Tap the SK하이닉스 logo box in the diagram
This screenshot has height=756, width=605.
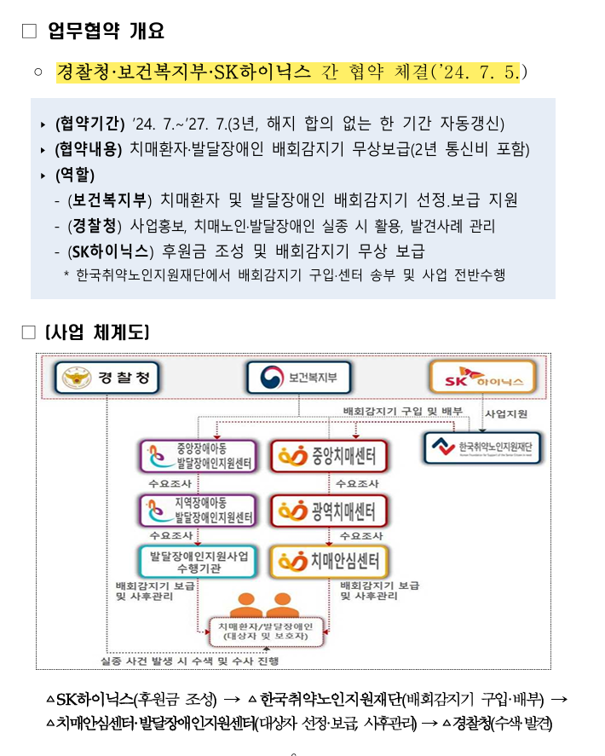coord(483,377)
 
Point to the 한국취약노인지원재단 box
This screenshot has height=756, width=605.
coord(483,447)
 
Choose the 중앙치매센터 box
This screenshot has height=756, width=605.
coord(329,456)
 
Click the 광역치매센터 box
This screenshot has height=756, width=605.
coord(329,511)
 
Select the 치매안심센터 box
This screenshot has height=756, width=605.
coord(329,561)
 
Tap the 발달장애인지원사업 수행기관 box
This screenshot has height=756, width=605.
coord(198,561)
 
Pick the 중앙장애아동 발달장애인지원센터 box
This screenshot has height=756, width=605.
coord(198,456)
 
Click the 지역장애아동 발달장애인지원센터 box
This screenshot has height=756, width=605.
coord(198,511)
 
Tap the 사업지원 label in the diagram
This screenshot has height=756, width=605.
coord(506,413)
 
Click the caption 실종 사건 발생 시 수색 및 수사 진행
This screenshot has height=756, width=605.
coord(188,660)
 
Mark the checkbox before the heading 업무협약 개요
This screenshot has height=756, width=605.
coord(29,32)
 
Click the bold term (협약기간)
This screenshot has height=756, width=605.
coord(89,123)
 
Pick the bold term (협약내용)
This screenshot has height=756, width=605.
coord(89,149)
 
